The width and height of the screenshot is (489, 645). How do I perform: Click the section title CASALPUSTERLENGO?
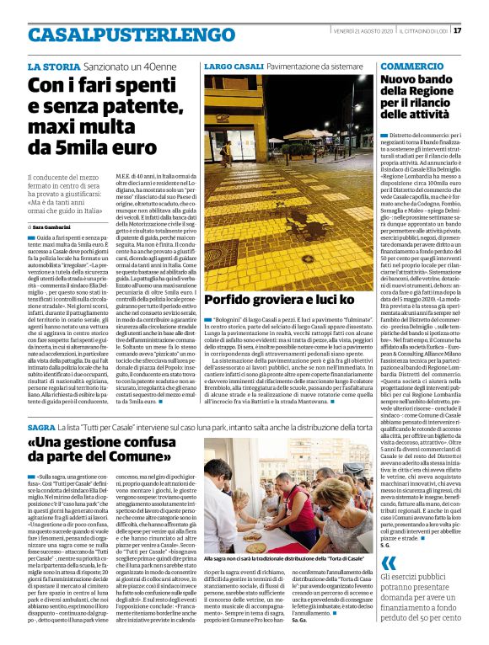(121, 35)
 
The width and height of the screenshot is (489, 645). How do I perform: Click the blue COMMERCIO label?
(411, 66)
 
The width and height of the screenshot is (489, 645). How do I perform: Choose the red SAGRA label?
(41, 428)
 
